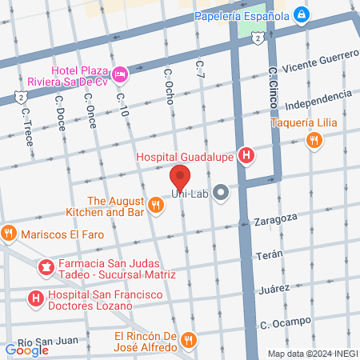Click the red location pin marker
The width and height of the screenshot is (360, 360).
click(180, 178)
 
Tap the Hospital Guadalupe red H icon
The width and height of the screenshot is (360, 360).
click(247, 156)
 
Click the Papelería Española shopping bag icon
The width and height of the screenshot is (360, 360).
click(300, 14)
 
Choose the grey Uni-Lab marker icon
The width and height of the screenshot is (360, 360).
click(221, 192)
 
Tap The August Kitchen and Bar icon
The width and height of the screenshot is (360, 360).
click(156, 206)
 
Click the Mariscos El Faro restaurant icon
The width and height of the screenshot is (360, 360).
click(10, 234)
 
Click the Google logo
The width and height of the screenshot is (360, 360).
click(27, 350)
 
